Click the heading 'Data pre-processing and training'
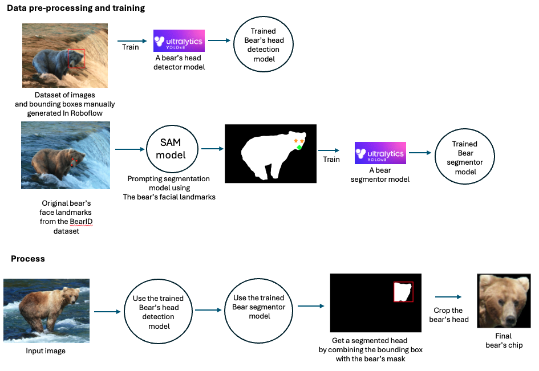(75, 9)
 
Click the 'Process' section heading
(28, 259)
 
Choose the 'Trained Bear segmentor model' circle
(464, 158)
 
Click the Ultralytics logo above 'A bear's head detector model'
(179, 41)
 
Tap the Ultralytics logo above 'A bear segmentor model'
(380, 153)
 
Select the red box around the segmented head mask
(403, 292)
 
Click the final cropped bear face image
(500, 301)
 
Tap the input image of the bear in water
(46, 311)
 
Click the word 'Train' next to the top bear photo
(131, 47)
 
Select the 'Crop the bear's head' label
(449, 315)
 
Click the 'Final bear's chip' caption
(503, 340)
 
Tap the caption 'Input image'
(46, 351)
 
